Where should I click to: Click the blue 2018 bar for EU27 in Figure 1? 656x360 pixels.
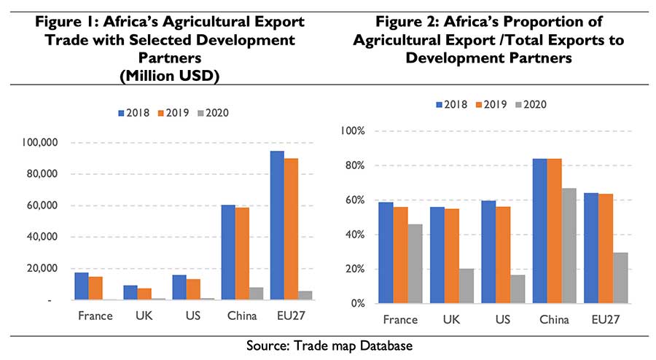[277, 225]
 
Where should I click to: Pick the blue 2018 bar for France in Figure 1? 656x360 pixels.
[82, 286]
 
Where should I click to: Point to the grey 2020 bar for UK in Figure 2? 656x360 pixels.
[466, 286]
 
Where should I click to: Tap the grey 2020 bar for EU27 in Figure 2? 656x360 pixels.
[620, 278]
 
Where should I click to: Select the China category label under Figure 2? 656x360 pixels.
[554, 319]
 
